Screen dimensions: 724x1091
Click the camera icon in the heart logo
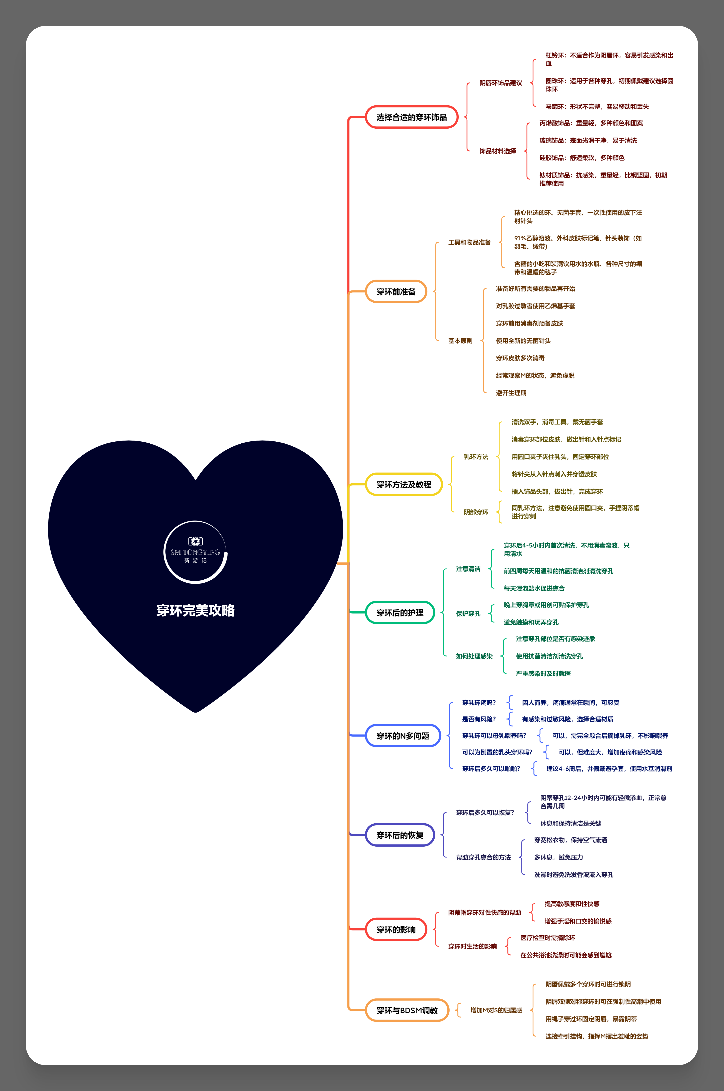pyautogui.click(x=195, y=541)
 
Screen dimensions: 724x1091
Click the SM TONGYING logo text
pyautogui.click(x=195, y=552)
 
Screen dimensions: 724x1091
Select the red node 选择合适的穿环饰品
pyautogui.click(x=411, y=117)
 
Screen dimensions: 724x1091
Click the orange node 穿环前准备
pyautogui.click(x=396, y=292)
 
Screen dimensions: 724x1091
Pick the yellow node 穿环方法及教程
pyautogui.click(x=404, y=485)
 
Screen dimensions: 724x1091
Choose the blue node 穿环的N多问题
pyautogui.click(x=403, y=736)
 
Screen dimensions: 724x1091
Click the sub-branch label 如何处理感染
pyautogui.click(x=474, y=656)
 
